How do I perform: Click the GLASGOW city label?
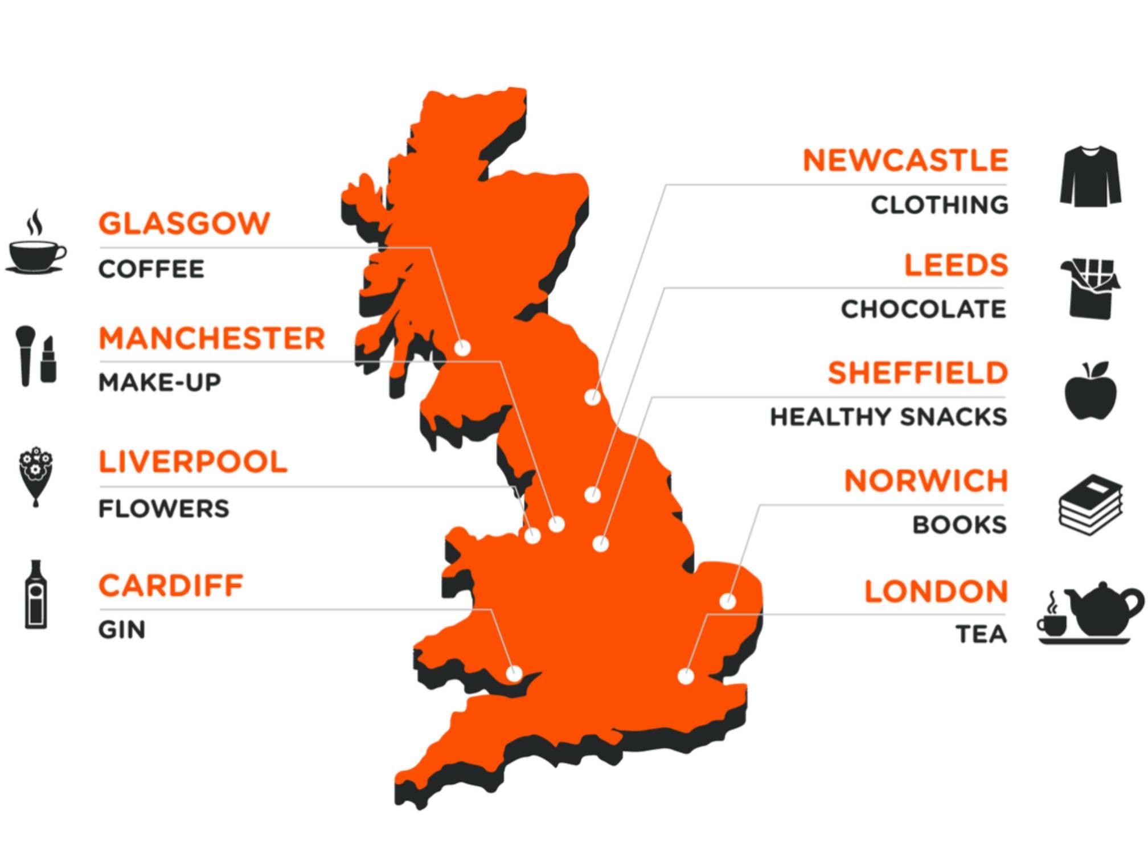tap(184, 223)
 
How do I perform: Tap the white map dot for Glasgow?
tap(462, 347)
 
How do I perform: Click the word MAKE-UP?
tap(160, 382)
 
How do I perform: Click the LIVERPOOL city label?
tap(193, 462)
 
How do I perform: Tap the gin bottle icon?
tap(36, 594)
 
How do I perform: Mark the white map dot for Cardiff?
tap(514, 674)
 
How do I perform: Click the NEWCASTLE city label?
tap(905, 161)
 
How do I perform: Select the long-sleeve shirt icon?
tap(1090, 176)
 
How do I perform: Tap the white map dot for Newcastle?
tap(592, 397)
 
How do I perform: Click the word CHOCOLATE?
tap(924, 309)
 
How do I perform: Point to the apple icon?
tap(1090, 392)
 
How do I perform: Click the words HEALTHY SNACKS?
tap(888, 417)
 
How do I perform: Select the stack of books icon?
tap(1090, 505)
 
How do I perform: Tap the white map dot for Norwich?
tap(727, 601)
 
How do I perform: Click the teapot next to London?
tap(1102, 610)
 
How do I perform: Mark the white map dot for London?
tap(686, 676)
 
